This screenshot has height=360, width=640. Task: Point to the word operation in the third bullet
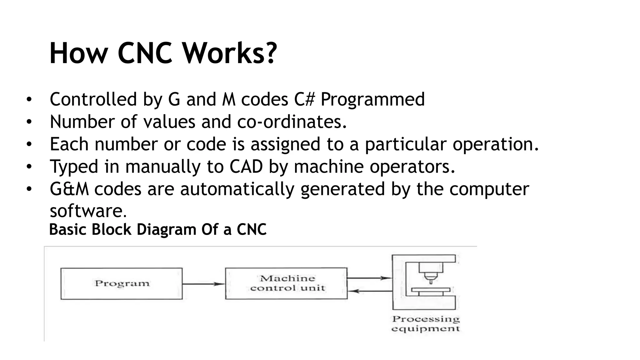[496, 144]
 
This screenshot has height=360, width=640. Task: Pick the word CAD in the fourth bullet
[246, 166]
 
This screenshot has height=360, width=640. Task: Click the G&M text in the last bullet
[69, 189]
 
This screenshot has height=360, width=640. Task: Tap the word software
[88, 211]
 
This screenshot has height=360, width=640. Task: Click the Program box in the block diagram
[122, 283]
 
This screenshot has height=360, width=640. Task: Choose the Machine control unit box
[286, 283]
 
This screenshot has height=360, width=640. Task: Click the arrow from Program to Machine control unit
[203, 284]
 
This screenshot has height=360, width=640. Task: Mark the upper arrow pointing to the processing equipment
[369, 278]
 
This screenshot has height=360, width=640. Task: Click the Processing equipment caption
[426, 324]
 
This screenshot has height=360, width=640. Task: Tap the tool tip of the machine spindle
[431, 282]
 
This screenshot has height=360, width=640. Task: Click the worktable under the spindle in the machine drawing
[431, 290]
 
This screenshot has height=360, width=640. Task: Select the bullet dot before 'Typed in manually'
[29, 167]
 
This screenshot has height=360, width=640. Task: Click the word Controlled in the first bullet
[93, 99]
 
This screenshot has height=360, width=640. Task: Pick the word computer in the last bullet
[489, 189]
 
